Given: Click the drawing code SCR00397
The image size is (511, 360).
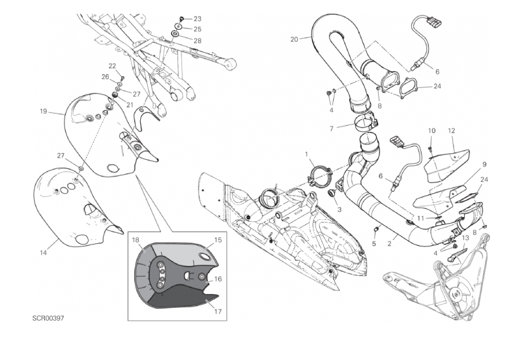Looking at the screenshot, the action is pos(48,318).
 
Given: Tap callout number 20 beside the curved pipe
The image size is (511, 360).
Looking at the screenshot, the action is pos(294,39).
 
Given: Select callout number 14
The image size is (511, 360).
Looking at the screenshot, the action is pos(43,252).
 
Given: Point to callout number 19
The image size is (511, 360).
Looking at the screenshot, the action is pos(43,112).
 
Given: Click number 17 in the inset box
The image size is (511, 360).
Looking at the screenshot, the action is pos(218,312).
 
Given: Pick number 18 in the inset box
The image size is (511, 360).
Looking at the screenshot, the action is pos(136,240).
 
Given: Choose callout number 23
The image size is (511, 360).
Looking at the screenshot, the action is pos(197,19).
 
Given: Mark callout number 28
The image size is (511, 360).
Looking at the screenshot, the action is pos(197,40).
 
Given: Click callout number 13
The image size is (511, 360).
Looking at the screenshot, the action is pos(465,238).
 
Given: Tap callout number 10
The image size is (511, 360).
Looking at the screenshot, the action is pos(431,130).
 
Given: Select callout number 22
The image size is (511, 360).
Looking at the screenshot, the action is pos(112,67).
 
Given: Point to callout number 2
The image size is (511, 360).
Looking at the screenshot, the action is pos(389,243).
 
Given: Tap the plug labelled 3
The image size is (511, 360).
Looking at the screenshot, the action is pos(332,193).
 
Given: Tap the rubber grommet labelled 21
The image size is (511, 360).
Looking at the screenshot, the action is pos(115,95).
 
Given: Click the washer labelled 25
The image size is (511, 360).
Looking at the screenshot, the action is pos(179,25).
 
